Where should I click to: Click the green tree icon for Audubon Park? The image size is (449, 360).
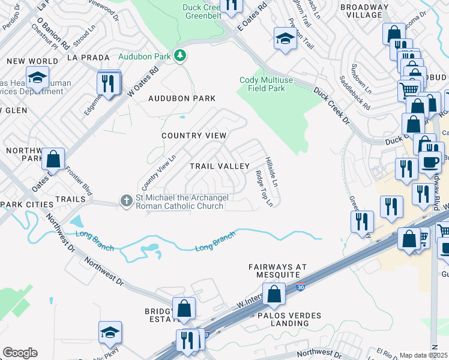click(179, 56)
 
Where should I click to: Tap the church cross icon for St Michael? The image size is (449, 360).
click(126, 200)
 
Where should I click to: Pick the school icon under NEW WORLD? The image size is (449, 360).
click(38, 79)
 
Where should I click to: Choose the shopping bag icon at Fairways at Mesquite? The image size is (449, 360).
click(274, 294)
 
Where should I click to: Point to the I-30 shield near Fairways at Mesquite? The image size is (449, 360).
click(301, 288)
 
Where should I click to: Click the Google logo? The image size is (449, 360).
click(20, 353)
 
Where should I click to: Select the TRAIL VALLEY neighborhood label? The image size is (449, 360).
click(219, 166)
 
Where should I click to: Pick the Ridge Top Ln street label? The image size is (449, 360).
click(264, 188)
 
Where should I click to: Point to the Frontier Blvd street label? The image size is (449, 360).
click(78, 181)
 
